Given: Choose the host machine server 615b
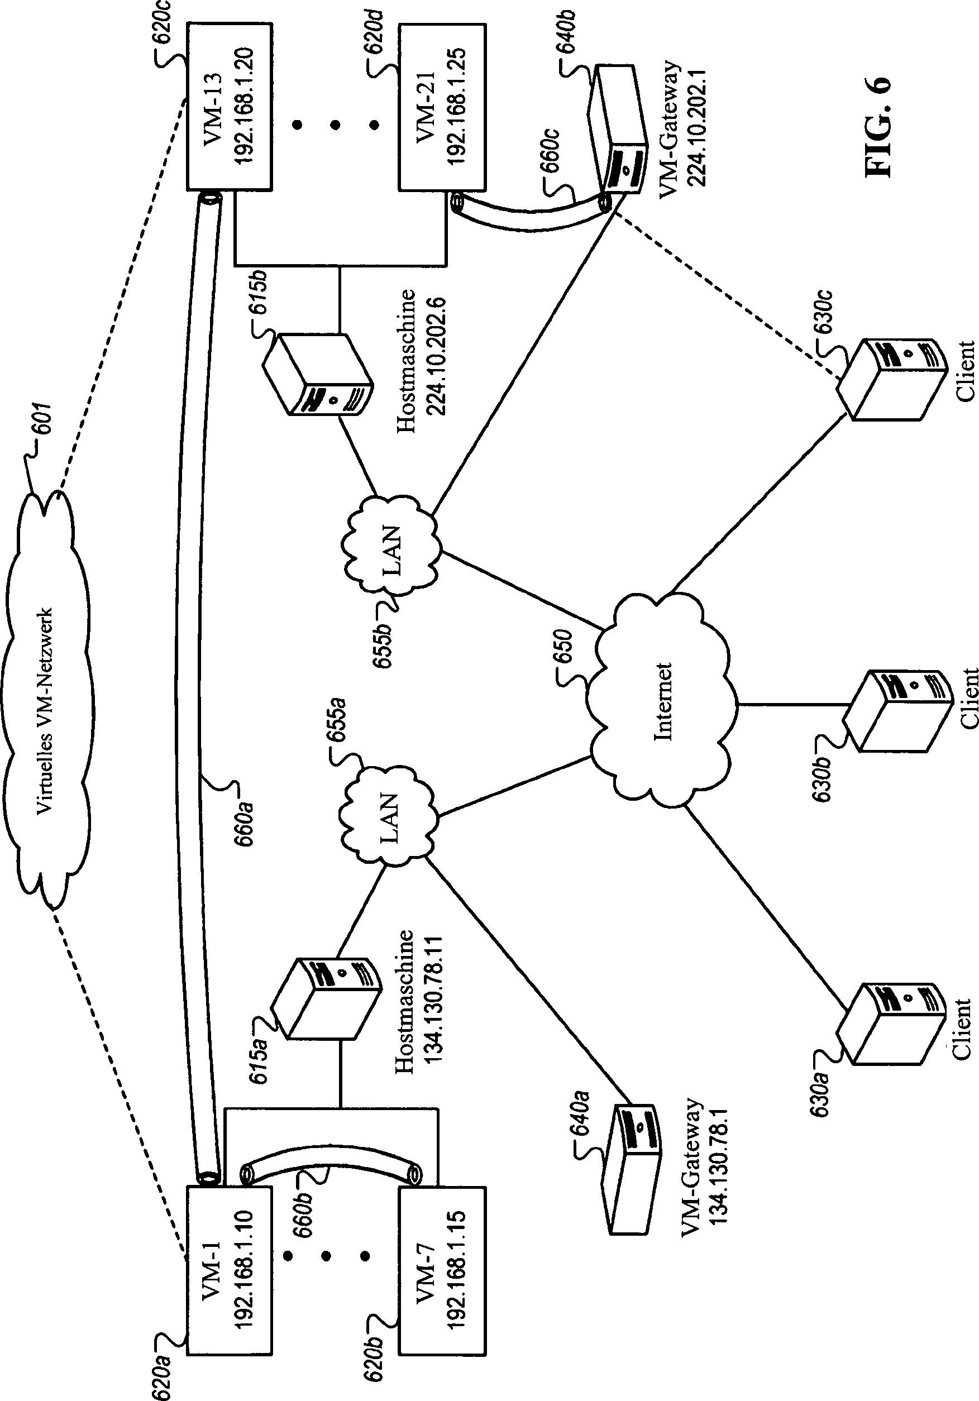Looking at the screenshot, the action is [x=317, y=375].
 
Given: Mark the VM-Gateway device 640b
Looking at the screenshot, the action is [x=619, y=131].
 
